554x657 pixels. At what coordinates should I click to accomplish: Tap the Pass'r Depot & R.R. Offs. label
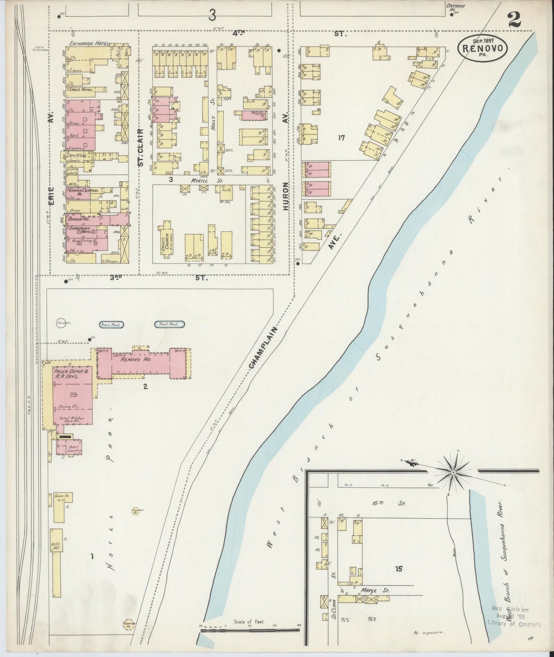67,374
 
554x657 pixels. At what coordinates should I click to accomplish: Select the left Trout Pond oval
111,325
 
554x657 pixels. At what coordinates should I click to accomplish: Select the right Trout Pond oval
169,324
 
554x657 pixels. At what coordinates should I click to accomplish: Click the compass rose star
453,474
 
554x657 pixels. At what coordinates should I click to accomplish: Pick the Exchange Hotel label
89,44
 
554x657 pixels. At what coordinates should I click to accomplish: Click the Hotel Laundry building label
73,448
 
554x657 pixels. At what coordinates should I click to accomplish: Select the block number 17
342,137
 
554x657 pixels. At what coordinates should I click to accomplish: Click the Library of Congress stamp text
513,613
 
